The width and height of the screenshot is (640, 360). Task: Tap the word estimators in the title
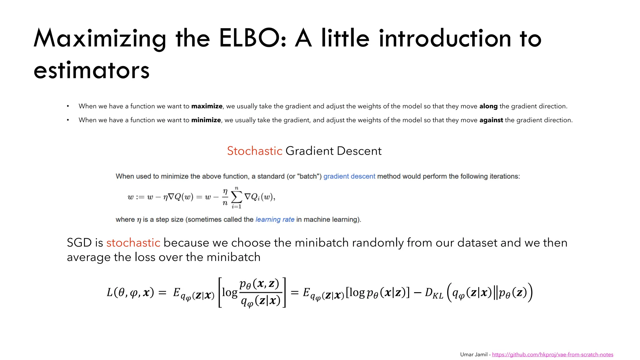pos(92,71)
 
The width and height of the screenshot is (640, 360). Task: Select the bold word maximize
pos(207,106)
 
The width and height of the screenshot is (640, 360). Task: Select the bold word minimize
pos(206,120)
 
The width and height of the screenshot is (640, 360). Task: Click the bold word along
pos(488,106)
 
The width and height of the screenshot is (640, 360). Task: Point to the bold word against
pos(491,120)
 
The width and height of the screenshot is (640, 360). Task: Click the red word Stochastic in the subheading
pos(254,151)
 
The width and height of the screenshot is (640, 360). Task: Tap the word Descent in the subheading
pos(359,151)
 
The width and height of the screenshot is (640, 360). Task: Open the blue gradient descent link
pos(349,176)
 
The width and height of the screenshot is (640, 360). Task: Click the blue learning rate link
pos(275,219)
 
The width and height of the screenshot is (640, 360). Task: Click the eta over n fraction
pos(225,197)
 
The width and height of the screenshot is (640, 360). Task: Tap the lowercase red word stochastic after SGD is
pos(133,243)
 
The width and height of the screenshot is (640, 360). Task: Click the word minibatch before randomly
pos(322,243)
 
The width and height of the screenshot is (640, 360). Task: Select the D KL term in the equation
pos(434,293)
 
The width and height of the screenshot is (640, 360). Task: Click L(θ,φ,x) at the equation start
pos(130,292)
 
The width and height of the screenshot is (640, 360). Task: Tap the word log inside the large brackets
pos(230,292)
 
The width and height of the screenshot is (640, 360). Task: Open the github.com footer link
pos(552,354)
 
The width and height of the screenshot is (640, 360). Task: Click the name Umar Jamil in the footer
pos(473,354)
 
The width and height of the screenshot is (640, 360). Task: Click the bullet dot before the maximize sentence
pos(68,107)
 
